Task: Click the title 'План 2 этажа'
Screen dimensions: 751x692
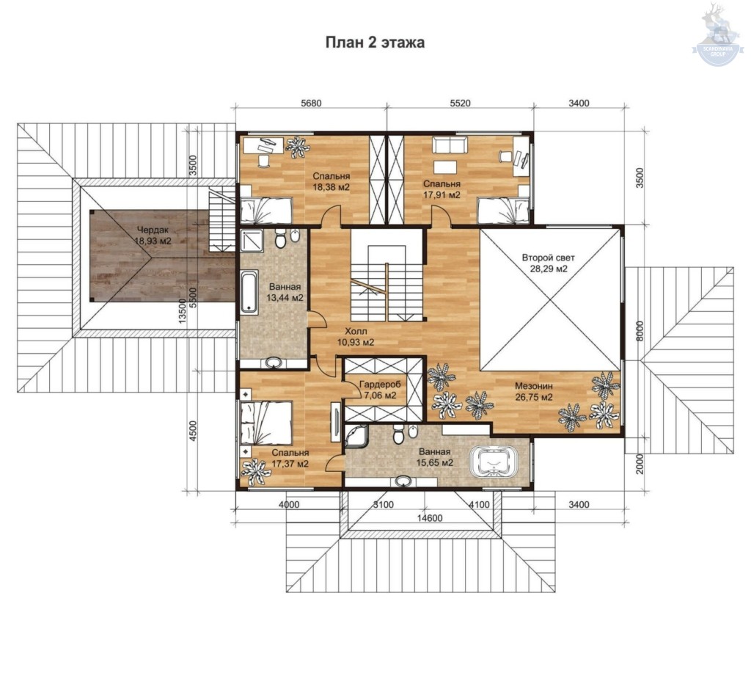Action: pos(375,43)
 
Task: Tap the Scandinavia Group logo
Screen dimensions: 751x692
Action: pos(717,34)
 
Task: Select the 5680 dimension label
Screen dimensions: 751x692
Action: pos(311,103)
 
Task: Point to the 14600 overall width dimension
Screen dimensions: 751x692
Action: pos(430,517)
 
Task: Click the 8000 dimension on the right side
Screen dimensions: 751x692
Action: pos(640,331)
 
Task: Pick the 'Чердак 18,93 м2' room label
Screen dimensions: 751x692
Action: pos(153,236)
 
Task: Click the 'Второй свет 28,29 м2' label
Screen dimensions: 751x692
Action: pos(549,263)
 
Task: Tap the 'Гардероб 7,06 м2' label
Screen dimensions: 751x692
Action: pos(380,390)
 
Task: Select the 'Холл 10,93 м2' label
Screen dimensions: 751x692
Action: pos(356,337)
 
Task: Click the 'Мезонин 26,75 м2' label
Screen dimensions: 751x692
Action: pos(534,391)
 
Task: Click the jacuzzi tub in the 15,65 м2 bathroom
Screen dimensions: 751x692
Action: pos(494,462)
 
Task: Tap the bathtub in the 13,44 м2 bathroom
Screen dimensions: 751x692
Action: pos(249,291)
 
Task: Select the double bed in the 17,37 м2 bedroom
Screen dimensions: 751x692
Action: pos(266,423)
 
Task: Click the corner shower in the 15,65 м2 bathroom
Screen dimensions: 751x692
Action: pos(357,436)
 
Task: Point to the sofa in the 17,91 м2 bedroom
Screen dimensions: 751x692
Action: pos(450,145)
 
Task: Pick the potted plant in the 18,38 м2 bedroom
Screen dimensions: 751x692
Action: pos(298,147)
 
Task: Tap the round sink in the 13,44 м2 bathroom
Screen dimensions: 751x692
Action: pos(274,363)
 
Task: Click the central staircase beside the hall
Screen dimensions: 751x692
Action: pos(387,283)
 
